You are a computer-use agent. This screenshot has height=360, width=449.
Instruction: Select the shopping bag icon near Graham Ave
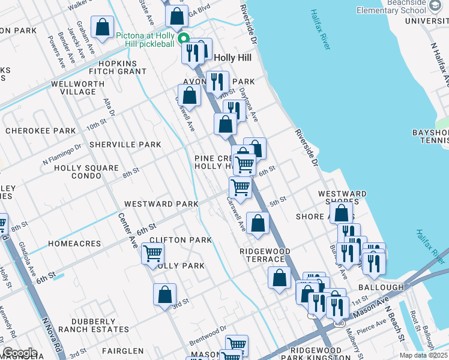(x=103, y=27)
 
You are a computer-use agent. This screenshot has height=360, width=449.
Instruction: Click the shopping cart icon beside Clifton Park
(x=153, y=253)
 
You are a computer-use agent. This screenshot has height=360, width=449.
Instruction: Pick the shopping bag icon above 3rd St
(x=164, y=295)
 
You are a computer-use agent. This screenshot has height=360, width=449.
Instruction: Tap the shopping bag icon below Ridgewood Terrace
(x=279, y=278)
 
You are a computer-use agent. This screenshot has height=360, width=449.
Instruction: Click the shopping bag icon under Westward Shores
(x=342, y=213)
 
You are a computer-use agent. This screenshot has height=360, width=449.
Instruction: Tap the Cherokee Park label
(x=41, y=131)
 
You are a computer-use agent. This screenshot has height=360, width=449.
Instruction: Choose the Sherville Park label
(x=125, y=145)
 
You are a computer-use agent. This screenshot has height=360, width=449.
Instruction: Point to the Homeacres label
(x=58, y=244)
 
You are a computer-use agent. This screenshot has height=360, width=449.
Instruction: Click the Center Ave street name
(x=127, y=228)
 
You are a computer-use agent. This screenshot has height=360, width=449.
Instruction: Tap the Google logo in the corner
(x=19, y=353)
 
